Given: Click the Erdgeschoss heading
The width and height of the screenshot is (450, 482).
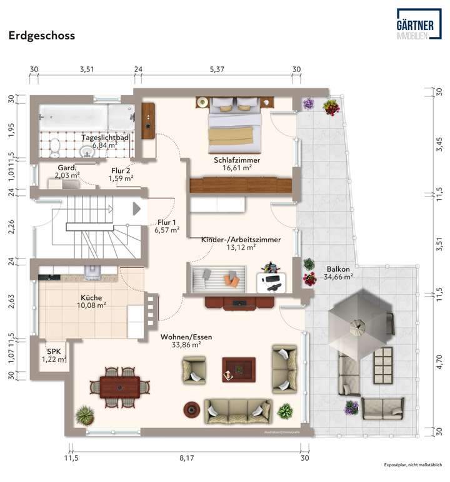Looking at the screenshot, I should point(41,36).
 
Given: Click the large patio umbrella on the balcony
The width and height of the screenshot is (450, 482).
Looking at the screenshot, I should point(358,325).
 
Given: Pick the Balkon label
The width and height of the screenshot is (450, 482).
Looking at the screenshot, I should point(338,270).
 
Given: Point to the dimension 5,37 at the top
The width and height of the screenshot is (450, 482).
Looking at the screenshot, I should point(217,69).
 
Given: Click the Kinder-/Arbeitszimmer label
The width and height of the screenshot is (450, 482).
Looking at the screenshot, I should point(241,240).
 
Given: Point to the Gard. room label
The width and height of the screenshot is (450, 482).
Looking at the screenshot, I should point(67,168).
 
